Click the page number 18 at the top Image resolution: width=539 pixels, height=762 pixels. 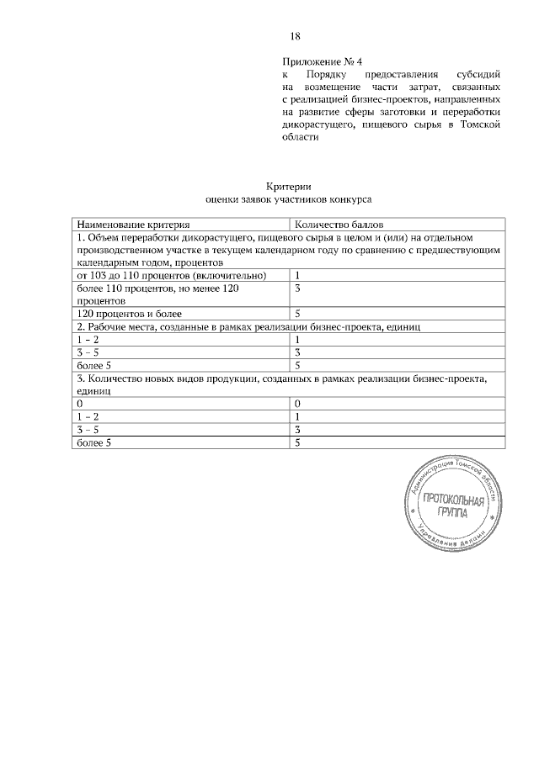click(x=296, y=36)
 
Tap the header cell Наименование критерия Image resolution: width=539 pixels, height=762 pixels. click(x=133, y=225)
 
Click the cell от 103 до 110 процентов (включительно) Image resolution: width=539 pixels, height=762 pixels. click(x=172, y=275)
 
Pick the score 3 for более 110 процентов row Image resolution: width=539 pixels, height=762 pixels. click(x=298, y=288)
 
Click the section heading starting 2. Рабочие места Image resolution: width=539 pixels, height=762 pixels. click(x=248, y=326)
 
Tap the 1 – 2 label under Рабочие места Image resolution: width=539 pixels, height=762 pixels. click(x=88, y=339)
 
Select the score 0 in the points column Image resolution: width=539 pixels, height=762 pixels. click(x=298, y=404)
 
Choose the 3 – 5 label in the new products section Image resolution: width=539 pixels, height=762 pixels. click(x=88, y=430)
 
